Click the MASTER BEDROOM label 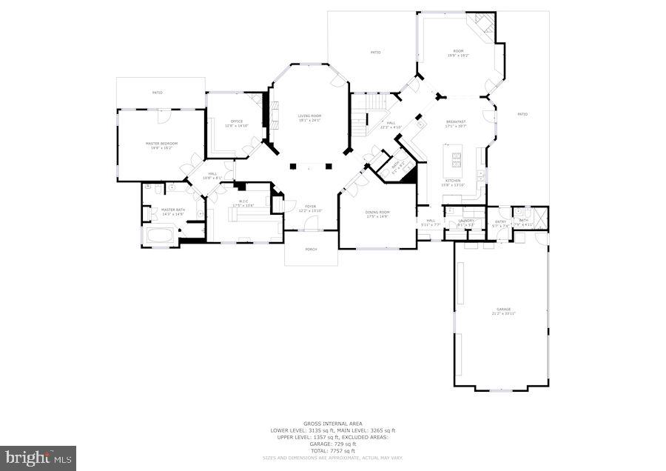point(159,144)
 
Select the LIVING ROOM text point(309,117)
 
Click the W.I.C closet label point(243,203)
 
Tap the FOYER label point(311,207)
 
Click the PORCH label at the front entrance point(311,249)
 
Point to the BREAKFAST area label point(455,123)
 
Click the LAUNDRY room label point(465,221)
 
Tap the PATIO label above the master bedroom point(157,93)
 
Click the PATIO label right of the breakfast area point(522,114)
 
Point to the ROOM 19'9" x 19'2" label point(458,53)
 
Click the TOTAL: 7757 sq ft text point(332,450)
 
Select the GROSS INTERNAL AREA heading point(332,424)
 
